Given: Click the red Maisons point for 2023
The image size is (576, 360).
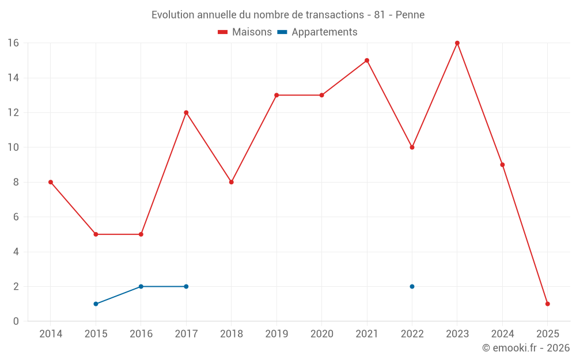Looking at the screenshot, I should [x=457, y=43].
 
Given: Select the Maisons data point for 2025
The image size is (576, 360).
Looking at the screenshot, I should [x=547, y=304].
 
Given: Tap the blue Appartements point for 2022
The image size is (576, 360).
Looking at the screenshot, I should [x=412, y=286].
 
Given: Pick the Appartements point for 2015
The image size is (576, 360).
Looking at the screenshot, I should [x=96, y=304].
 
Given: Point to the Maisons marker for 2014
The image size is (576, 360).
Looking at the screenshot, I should [x=51, y=182].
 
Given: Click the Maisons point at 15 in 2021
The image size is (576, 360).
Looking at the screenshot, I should [x=367, y=60].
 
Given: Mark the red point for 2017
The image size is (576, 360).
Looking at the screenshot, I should [x=186, y=112].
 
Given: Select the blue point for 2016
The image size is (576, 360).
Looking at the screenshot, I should [x=141, y=286].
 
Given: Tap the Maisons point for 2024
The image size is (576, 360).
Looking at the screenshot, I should [x=502, y=165].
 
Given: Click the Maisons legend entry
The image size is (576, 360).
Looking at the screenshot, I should [x=245, y=32].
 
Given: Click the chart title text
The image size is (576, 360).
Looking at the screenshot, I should [x=288, y=15].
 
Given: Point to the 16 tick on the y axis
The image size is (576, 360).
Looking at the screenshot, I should [x=13, y=43].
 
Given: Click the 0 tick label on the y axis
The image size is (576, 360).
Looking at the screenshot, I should [x=16, y=321].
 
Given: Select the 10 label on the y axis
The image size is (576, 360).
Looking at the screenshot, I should [x=13, y=147].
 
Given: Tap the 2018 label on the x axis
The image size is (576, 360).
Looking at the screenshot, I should [x=231, y=334].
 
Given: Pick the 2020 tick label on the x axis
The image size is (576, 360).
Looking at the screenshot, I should [x=321, y=334].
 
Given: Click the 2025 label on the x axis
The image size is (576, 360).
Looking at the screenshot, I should [x=547, y=334].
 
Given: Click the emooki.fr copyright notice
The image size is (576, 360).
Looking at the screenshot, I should [x=525, y=348].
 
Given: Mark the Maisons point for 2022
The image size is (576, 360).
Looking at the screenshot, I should [x=412, y=147].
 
